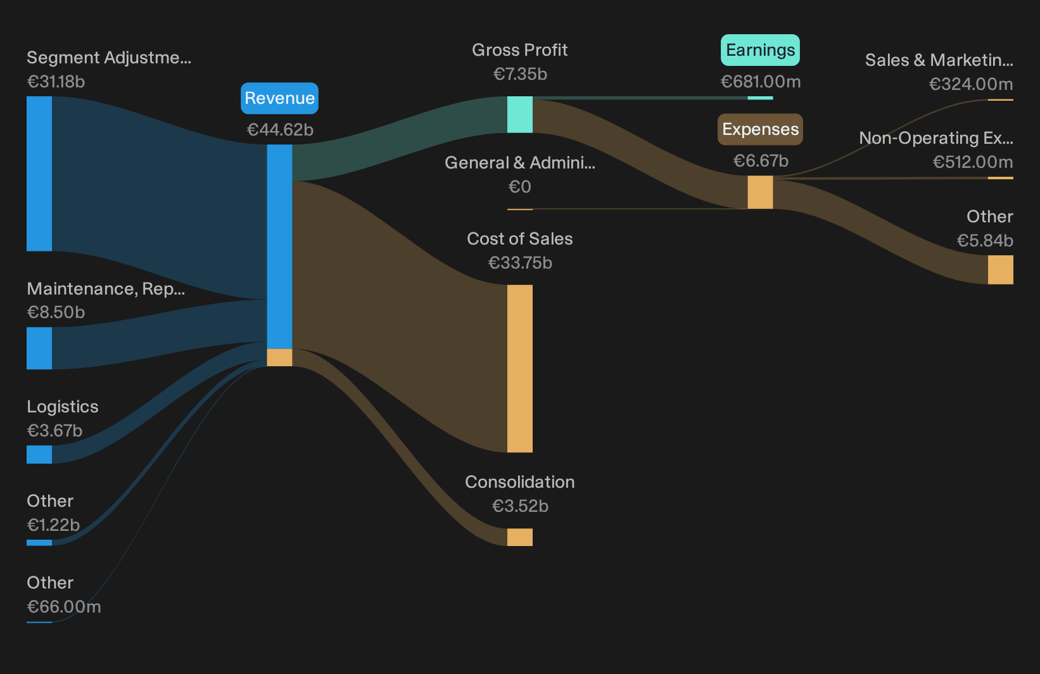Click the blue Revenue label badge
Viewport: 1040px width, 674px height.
coord(279,98)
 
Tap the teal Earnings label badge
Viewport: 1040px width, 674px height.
coord(760,50)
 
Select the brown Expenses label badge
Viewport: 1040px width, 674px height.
coord(760,129)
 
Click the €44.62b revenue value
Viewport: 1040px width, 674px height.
coord(280,130)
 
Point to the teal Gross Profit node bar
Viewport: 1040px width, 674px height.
coord(519,115)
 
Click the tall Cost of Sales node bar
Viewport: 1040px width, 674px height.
coord(519,368)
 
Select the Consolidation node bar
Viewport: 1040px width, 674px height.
coord(519,537)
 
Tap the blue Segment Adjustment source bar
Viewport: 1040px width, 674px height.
coord(39,174)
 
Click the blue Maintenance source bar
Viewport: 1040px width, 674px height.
coord(39,348)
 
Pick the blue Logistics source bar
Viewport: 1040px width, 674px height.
coord(39,454)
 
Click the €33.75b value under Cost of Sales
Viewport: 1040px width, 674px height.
coord(520,263)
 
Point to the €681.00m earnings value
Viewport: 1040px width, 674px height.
coord(761,82)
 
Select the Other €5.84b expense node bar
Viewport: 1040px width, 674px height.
coord(1001,269)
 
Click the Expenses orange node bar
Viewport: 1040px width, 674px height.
coord(760,193)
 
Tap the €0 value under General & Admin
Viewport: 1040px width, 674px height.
coord(519,187)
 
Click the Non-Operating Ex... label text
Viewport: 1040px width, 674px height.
coord(936,138)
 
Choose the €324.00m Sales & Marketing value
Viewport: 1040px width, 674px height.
coord(971,84)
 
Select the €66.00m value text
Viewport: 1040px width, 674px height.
coord(63,607)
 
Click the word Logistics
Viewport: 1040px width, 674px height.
coord(63,407)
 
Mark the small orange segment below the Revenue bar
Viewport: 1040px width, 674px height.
coord(279,357)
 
